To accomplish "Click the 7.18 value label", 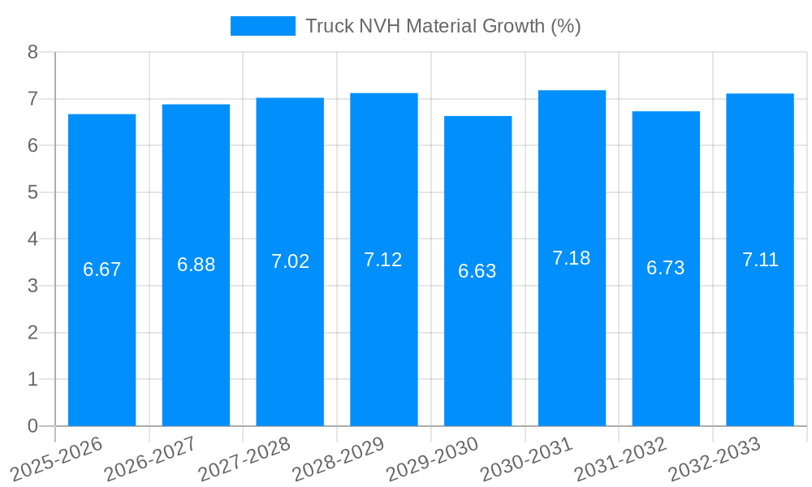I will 572,258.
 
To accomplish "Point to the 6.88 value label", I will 196,265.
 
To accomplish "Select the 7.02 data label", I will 290,261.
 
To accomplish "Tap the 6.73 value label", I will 666,268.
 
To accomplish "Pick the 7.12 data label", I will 383,260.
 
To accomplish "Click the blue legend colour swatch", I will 262,26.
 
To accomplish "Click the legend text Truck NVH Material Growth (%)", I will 443,26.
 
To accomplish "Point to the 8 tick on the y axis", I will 32,52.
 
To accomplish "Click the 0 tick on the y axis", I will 32,426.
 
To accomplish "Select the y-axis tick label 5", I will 32,192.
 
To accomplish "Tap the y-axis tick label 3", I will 32,286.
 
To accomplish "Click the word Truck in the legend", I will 330,26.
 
